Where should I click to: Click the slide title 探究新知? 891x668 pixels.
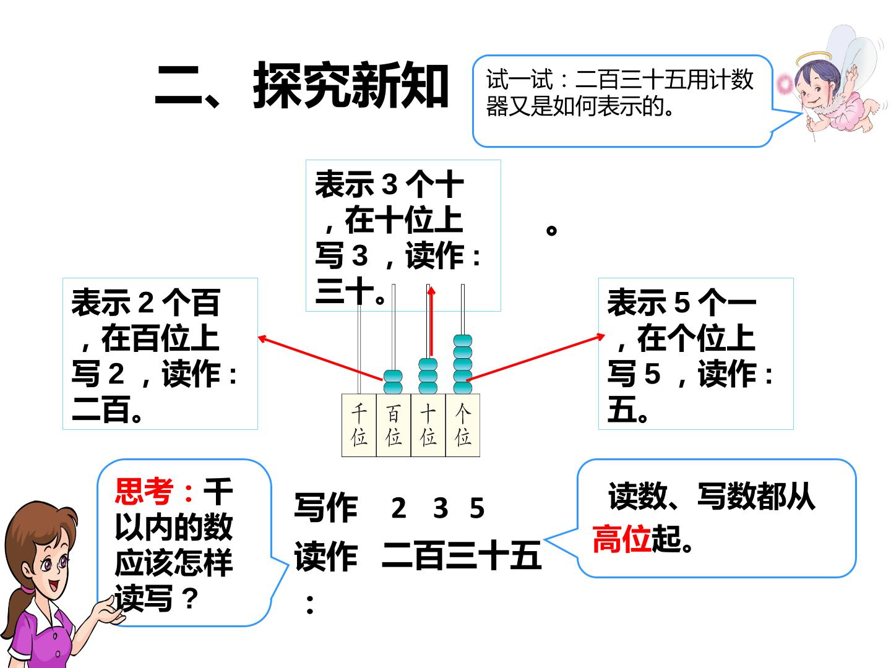pos(350,85)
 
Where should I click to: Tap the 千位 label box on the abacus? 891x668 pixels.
pos(359,425)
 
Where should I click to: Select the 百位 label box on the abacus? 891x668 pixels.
pos(394,425)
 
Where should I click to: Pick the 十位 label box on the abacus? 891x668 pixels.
pos(428,425)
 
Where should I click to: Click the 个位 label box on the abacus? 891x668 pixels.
pos(462,425)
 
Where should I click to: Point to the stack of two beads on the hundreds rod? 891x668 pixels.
pos(393,382)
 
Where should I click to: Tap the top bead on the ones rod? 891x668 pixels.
pos(462,340)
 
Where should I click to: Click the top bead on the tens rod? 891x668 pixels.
pos(428,364)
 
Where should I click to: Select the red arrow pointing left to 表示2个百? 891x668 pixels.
pos(321,359)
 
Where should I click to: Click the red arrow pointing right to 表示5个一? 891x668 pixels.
pos(535,358)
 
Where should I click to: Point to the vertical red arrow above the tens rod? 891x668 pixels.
pos(431,321)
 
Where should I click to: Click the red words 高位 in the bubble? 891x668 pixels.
pos(621,539)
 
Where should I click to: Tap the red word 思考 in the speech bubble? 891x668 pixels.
pos(144,490)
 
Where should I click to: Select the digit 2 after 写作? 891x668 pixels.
pos(398,508)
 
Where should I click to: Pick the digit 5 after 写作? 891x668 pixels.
pos(477,508)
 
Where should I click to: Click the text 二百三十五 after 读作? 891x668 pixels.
pos(462,555)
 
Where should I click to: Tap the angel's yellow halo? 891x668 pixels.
pos(814,59)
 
